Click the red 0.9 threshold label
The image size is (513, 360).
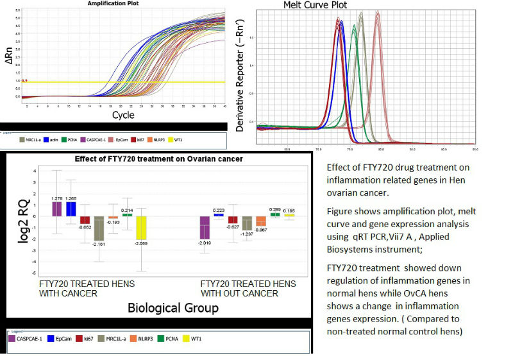click(x=25, y=81)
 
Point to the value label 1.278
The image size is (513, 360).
click(x=56, y=198)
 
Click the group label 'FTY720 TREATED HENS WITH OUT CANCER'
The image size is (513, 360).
click(x=248, y=288)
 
